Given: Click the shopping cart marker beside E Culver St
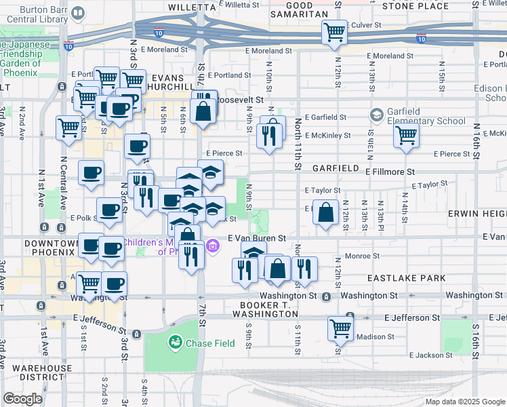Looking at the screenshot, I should pyautogui.click(x=335, y=33).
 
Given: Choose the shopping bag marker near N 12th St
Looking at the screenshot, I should pyautogui.click(x=327, y=212).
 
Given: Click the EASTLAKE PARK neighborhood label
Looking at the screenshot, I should pyautogui.click(x=406, y=278).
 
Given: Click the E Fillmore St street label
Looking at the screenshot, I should pyautogui.click(x=390, y=173).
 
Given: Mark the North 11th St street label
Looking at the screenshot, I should pyautogui.click(x=298, y=144).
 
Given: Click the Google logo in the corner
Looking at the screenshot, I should pyautogui.click(x=23, y=399).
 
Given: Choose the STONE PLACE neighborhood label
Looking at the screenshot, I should pyautogui.click(x=415, y=5).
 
